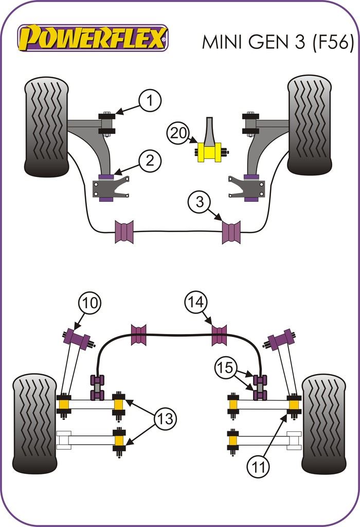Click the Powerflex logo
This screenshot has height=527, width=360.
93,38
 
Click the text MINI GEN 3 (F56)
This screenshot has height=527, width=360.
278,42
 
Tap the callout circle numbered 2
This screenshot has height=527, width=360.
150,161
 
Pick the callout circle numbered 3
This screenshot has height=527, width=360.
199,201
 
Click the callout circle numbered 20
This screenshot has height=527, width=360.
178,134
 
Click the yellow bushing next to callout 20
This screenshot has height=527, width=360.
209,152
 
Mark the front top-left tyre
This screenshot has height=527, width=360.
46,126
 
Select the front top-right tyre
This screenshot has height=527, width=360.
309,125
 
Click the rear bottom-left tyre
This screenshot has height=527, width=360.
34,424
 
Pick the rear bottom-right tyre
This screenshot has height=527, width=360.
323,424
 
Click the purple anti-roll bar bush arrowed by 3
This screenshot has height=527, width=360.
231,232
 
